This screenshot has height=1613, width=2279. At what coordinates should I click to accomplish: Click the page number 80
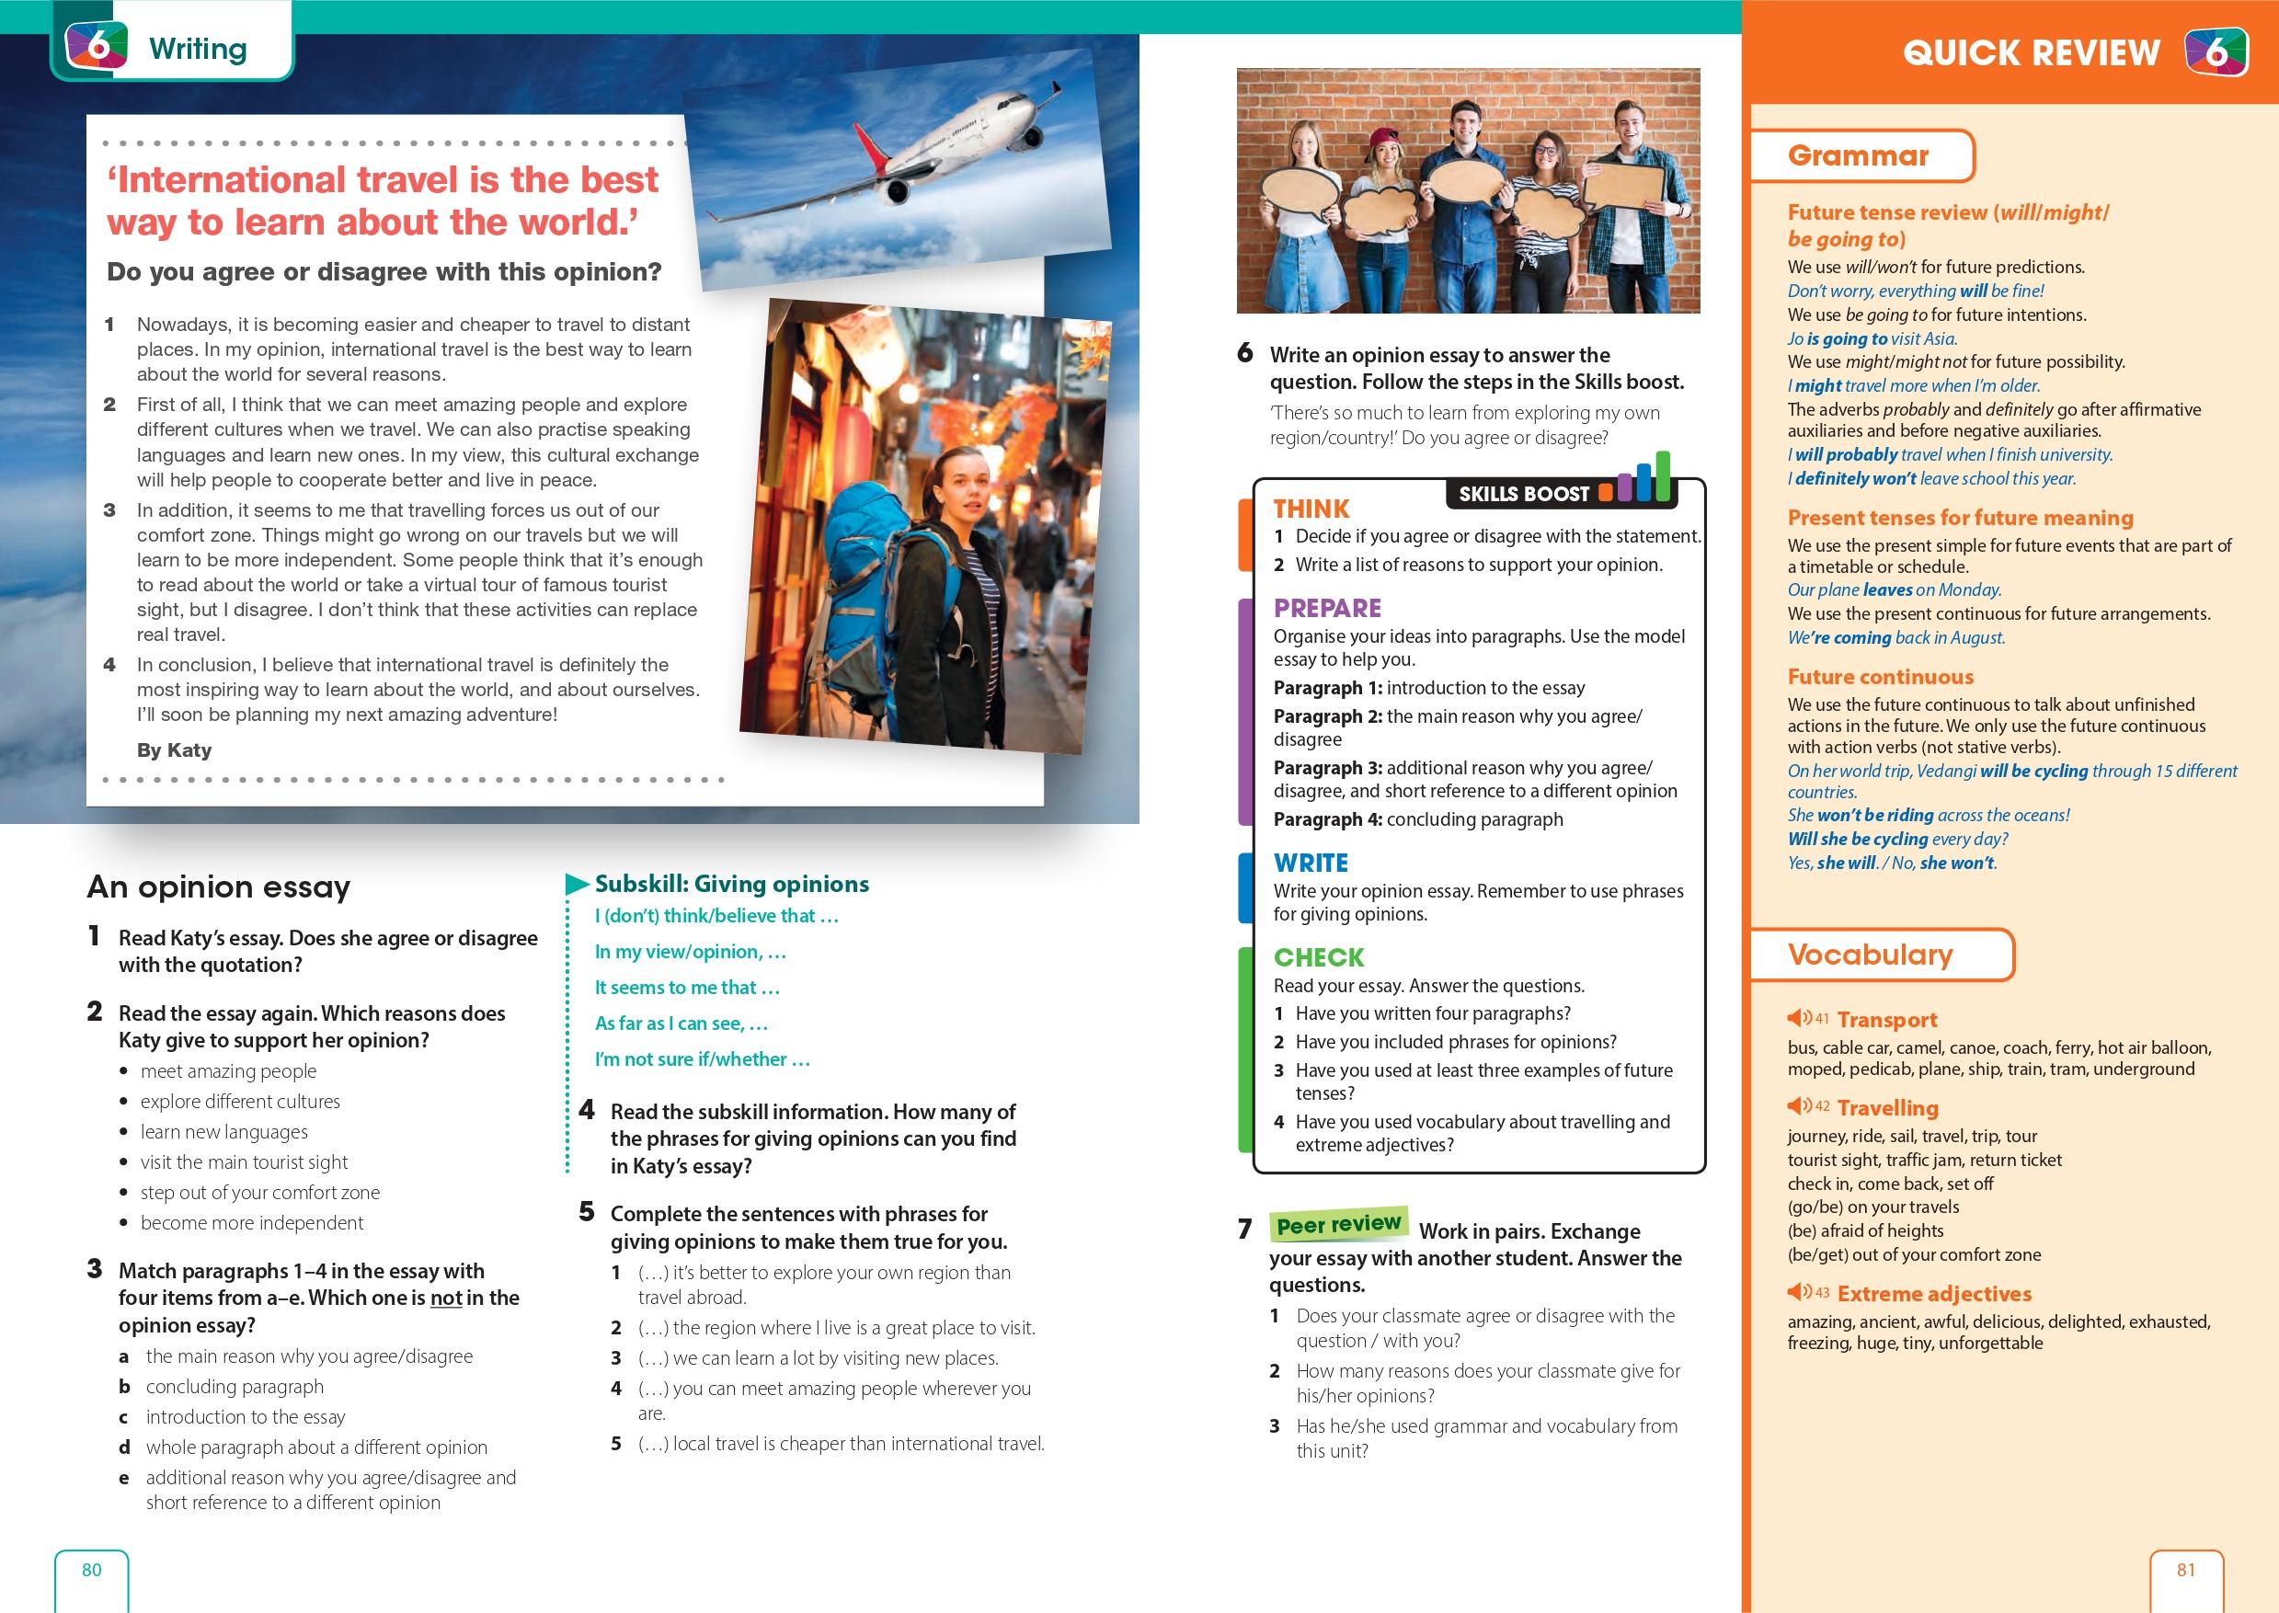coord(91,1569)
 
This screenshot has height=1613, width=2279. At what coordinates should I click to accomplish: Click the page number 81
coord(2186,1569)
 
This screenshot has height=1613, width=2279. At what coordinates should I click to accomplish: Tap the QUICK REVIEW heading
coord(2031,52)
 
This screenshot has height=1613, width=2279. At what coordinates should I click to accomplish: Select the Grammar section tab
coord(1858,156)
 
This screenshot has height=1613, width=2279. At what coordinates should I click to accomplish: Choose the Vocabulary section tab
coord(1870,955)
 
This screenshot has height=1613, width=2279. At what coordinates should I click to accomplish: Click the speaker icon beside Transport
coord(1796,1018)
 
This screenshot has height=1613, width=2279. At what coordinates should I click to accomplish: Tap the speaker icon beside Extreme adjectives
coord(1796,1292)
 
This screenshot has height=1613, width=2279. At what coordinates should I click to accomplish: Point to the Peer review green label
coord(1337,1225)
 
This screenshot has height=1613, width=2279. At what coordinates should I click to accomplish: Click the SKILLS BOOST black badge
coord(1524,494)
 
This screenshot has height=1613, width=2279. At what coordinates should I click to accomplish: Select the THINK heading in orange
coord(1311,509)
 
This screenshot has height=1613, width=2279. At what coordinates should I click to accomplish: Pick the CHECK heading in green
coord(1319,957)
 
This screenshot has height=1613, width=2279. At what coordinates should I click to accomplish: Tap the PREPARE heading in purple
coord(1328,608)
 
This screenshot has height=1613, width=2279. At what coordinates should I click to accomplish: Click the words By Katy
coord(174,749)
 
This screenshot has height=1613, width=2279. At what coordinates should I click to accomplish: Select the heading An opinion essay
coord(219,886)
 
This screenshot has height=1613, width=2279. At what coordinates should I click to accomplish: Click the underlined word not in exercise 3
coord(446,1298)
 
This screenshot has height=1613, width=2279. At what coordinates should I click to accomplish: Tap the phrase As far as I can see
coord(681,1023)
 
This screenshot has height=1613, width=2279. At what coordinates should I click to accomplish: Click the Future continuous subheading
coord(1880,677)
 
